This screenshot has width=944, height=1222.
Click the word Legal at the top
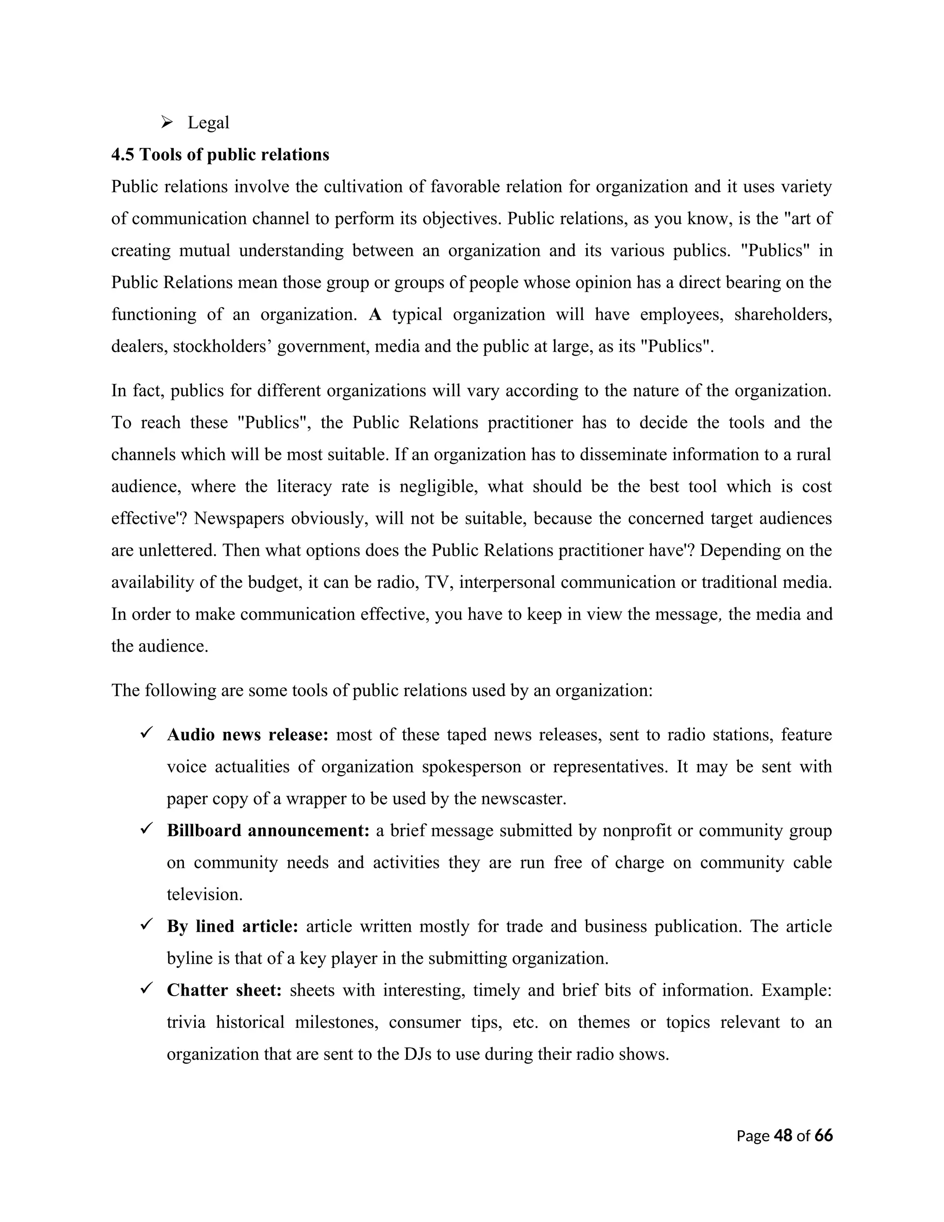pos(208,123)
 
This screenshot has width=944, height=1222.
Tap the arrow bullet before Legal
pos(167,121)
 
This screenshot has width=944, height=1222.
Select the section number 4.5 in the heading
pos(123,154)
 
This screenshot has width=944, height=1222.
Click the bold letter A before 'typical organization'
pos(375,314)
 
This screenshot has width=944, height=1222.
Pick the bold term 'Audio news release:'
pos(247,735)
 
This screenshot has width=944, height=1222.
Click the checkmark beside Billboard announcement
pos(147,829)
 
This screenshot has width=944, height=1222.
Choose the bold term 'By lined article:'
pos(232,926)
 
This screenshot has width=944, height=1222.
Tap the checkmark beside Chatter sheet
pos(147,989)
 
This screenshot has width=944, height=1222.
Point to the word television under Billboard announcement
pos(205,895)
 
